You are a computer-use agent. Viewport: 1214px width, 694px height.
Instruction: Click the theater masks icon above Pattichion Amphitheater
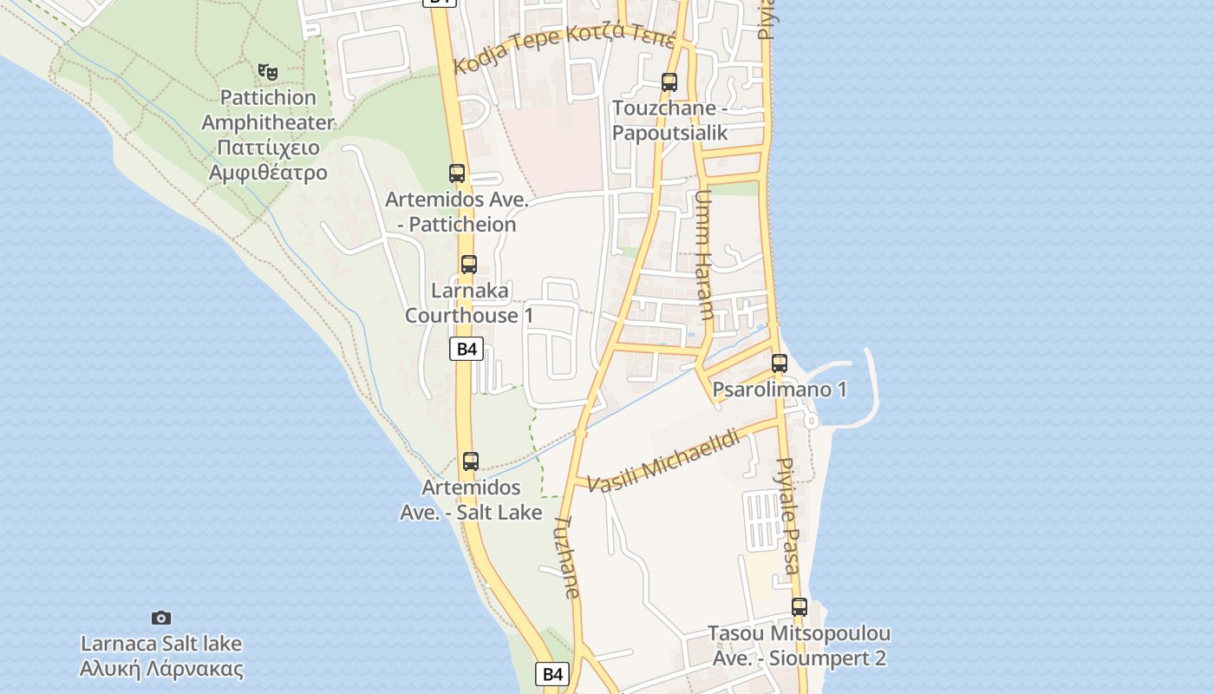268,71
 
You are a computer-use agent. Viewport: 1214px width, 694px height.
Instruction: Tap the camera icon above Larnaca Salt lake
161,618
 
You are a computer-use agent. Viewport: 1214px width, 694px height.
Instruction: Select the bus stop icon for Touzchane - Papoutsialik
669,82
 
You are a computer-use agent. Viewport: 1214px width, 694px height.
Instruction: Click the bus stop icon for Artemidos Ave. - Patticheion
457,173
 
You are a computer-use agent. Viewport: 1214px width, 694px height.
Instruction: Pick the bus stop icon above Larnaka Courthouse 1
469,264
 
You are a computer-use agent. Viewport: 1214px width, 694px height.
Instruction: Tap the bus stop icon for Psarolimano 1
780,363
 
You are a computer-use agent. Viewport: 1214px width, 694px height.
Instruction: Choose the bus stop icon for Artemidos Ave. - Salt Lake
471,461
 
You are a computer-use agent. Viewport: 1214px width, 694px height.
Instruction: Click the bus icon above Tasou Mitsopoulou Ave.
800,607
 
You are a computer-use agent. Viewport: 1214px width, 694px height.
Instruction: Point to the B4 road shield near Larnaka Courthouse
467,349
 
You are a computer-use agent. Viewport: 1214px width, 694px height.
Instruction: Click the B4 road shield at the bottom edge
553,674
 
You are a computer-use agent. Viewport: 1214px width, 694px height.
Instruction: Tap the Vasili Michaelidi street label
663,461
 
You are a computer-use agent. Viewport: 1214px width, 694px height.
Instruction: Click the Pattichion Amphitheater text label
268,110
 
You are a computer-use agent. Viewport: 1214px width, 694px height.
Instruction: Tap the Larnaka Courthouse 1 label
469,303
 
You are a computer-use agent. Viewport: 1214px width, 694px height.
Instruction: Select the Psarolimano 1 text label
780,390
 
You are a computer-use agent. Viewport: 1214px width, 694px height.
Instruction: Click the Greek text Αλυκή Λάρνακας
161,670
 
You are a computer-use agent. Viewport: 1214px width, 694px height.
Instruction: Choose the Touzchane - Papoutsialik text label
669,121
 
